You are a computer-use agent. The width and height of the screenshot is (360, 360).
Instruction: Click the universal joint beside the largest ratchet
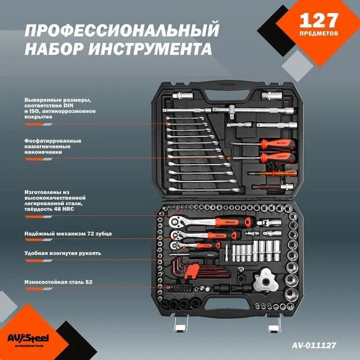coord(266,222)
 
